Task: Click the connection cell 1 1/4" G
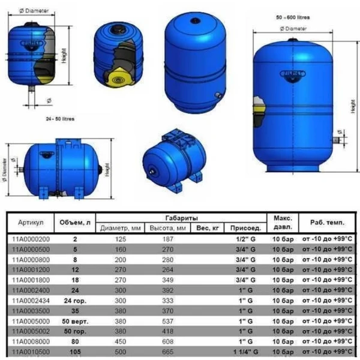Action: click(246, 352)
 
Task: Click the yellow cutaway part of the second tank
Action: click(115, 77)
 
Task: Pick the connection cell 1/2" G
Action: click(246, 238)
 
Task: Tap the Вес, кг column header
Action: click(211, 228)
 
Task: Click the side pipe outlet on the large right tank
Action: click(337, 139)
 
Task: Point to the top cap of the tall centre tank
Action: click(194, 19)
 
